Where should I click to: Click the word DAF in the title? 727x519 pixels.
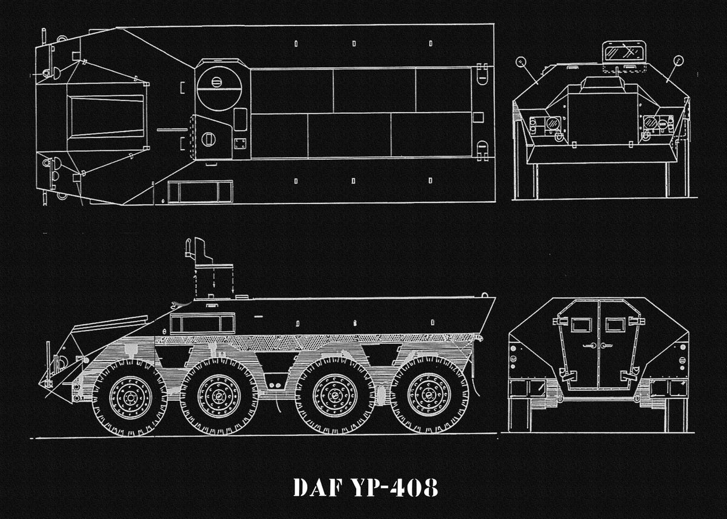(x=317, y=487)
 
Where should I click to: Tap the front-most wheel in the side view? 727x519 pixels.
(x=130, y=398)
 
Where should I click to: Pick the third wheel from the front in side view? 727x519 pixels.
(x=334, y=395)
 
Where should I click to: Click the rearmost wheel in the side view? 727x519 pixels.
(x=429, y=395)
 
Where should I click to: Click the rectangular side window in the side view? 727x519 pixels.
(x=202, y=324)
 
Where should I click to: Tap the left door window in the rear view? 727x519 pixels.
(x=581, y=325)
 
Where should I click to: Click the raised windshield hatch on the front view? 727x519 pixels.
(x=623, y=51)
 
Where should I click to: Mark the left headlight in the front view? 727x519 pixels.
(x=552, y=124)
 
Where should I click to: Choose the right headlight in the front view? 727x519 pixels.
(x=649, y=124)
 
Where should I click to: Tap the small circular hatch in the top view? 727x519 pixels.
(x=208, y=139)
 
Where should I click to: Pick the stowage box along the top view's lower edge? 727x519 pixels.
(x=199, y=191)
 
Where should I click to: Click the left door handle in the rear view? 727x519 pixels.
(x=588, y=346)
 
